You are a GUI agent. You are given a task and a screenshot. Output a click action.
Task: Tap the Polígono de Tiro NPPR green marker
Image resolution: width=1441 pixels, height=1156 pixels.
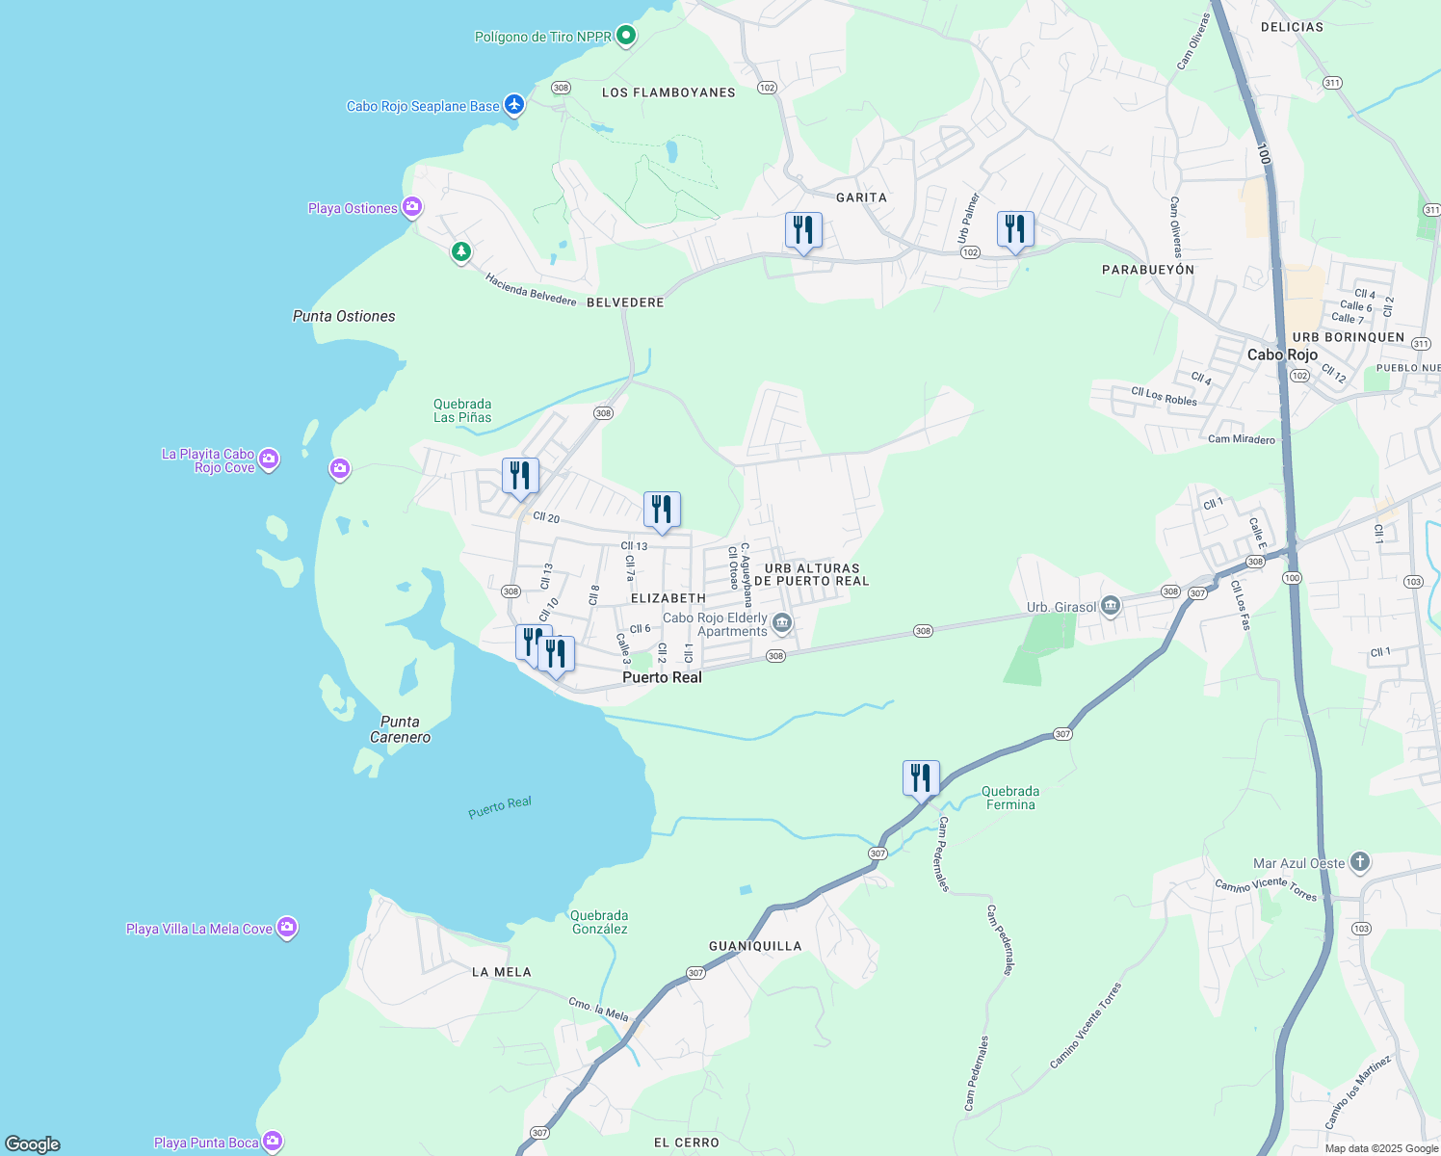coord(626,37)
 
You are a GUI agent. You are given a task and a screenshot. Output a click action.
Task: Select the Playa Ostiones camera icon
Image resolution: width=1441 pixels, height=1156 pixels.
coord(412,207)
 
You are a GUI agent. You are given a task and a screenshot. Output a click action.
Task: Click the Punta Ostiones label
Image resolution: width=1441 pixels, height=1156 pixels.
coord(344,316)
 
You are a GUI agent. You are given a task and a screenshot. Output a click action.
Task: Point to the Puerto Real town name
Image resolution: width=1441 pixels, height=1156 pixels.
coord(662,677)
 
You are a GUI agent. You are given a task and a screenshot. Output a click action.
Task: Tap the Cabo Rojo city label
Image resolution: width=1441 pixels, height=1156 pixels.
coord(1282,355)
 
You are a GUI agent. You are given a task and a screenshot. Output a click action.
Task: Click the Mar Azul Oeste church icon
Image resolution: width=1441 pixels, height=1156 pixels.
coord(1359,862)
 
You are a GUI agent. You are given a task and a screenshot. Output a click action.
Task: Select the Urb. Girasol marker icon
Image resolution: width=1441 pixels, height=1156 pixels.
coord(1111,606)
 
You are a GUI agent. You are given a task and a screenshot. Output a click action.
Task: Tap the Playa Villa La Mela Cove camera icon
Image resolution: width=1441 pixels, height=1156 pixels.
coord(286,928)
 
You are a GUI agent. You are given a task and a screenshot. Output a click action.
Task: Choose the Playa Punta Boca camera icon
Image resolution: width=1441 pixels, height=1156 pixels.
coord(273,1142)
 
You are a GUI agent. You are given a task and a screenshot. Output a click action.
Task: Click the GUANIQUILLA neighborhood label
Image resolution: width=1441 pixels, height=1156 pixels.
coord(755,946)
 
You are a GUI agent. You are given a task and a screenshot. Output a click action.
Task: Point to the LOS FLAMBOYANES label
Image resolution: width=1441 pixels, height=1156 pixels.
coord(668,92)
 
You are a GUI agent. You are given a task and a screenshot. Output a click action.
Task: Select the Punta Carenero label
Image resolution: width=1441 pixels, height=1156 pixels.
coord(400,729)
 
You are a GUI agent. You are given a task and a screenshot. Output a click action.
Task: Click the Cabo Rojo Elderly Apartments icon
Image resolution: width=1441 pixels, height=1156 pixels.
coord(782,623)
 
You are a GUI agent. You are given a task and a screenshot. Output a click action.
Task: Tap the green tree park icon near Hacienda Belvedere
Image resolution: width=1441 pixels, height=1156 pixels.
coord(461,252)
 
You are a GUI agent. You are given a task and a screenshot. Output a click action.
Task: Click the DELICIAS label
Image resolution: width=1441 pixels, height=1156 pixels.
coord(1292,27)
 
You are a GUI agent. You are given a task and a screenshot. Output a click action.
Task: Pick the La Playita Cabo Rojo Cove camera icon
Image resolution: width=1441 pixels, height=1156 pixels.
coord(270,460)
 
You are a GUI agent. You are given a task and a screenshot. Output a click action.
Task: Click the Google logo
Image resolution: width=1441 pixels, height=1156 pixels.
coord(33,1143)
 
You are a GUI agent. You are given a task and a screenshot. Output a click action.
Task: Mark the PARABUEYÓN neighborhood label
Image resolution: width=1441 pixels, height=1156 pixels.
coord(1147,270)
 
